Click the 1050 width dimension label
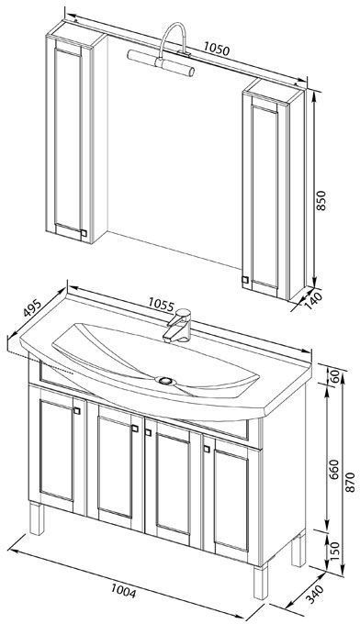[x=217, y=49]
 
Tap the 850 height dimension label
[x=321, y=201]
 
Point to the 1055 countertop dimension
[x=162, y=305]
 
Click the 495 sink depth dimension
[x=32, y=307]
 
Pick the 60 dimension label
[x=335, y=375]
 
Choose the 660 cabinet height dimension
[x=334, y=469]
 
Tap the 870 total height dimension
[x=350, y=482]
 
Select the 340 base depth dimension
[x=314, y=594]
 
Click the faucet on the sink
[x=177, y=325]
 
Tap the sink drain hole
[x=165, y=381]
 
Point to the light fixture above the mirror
[x=165, y=51]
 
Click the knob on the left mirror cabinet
[x=84, y=233]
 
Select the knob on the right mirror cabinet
[x=245, y=280]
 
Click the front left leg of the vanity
[x=37, y=518]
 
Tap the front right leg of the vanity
[x=261, y=582]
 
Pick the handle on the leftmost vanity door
[x=77, y=411]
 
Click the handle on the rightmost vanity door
[x=207, y=449]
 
